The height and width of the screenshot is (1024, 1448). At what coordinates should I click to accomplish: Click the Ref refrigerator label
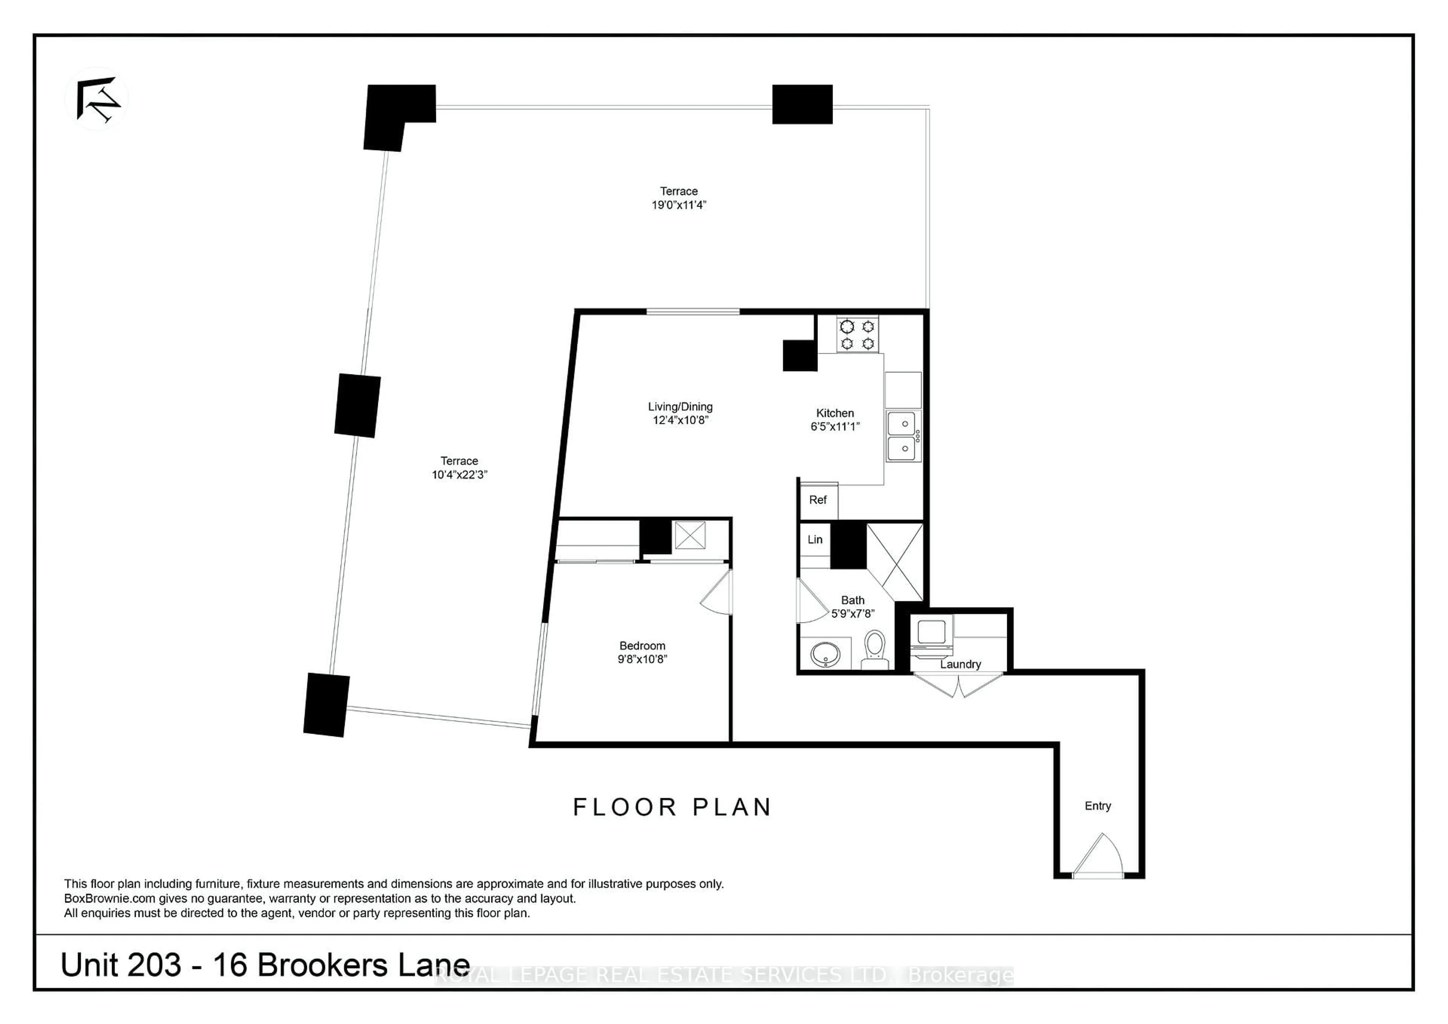pyautogui.click(x=818, y=500)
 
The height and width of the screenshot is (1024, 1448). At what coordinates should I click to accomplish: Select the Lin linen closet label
pyautogui.click(x=815, y=540)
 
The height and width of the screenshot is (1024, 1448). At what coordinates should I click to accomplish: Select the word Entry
pyautogui.click(x=1097, y=806)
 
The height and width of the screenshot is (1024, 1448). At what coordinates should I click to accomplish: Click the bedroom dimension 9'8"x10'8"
pyautogui.click(x=642, y=659)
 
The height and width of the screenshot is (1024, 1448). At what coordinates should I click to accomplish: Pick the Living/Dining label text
pyautogui.click(x=680, y=407)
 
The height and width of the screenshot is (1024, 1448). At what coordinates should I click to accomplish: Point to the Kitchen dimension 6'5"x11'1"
pyautogui.click(x=835, y=427)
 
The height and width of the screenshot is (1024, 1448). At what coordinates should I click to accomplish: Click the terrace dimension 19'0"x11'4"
pyautogui.click(x=679, y=205)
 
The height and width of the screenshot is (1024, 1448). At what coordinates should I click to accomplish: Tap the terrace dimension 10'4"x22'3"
pyautogui.click(x=459, y=475)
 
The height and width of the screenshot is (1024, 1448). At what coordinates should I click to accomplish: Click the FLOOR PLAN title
pyautogui.click(x=672, y=808)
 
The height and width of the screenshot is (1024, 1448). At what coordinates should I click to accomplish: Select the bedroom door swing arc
pyautogui.click(x=718, y=593)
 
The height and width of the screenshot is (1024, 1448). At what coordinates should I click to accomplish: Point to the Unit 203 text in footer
pyautogui.click(x=121, y=965)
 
